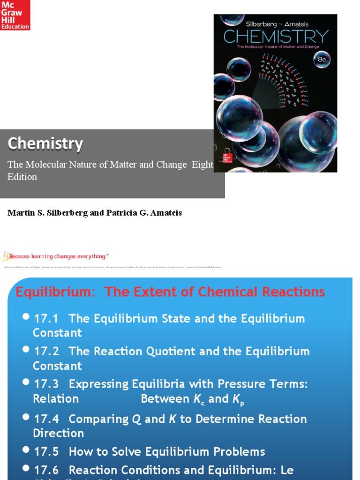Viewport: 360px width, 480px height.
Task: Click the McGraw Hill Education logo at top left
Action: point(15,15)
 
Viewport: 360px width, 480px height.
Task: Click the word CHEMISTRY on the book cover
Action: point(276,37)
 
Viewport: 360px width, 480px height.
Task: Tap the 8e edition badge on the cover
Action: point(322,60)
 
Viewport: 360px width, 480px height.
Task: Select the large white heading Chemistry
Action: point(45,144)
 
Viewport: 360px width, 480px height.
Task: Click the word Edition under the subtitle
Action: point(22,177)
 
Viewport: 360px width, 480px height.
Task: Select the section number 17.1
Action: point(46,319)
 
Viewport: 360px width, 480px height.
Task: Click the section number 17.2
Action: point(46,352)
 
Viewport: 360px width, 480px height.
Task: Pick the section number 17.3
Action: point(46,384)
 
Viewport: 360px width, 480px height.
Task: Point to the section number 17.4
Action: point(46,419)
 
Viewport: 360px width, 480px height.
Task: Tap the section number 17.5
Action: point(46,452)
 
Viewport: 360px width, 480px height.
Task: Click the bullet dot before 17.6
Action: point(27,469)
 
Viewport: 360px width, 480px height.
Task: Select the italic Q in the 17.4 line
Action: point(136,420)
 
